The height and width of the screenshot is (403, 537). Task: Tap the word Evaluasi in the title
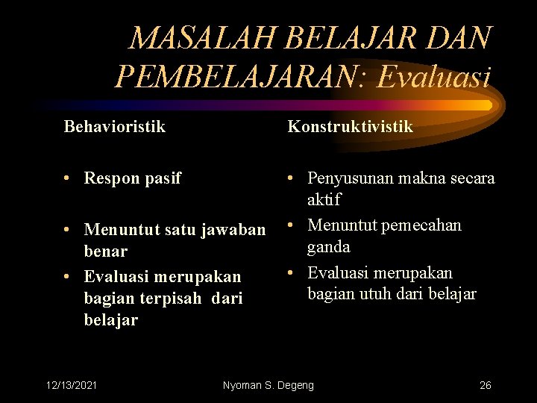point(435,76)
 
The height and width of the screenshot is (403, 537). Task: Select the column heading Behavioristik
point(115,127)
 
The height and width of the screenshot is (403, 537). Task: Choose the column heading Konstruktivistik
point(350,127)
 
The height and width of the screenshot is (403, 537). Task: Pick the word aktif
point(324,200)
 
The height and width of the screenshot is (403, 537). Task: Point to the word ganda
point(329,246)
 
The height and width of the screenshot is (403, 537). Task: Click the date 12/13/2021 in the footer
point(72,385)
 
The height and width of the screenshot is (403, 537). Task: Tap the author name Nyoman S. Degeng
point(268,385)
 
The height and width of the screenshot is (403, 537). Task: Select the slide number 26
point(485,385)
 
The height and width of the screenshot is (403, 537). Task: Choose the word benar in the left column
point(105,251)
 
